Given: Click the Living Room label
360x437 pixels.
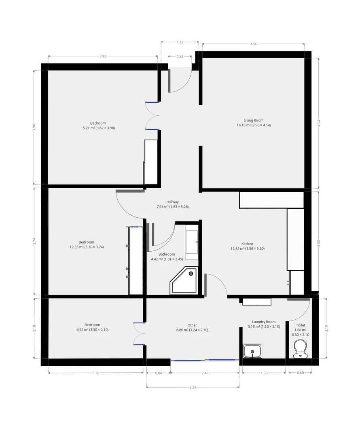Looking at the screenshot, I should pos(254,120).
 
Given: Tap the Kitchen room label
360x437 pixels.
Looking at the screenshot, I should pos(247,244).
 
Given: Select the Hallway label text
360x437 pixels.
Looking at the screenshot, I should pos(172,202).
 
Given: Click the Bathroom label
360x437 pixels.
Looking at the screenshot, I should pos(155,254).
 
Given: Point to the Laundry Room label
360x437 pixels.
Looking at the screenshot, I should pos(263,322).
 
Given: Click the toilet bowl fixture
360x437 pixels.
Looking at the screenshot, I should pos(300,348).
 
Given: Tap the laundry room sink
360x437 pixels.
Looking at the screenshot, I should pos(253,351).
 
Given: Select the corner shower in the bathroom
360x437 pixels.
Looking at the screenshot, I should pos(184,280).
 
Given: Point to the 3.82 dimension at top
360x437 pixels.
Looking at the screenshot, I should pos(103,56).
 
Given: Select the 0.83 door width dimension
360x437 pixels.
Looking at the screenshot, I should pos(180,57).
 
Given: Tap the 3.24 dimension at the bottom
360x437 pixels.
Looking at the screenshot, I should pos(193,387).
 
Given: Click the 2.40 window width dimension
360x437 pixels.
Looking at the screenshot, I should pos(205,373).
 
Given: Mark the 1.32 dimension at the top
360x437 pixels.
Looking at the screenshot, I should pos(180,42).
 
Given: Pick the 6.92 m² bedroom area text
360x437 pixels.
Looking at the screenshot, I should pos(92,330).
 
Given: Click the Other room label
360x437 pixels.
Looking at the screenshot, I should pos(192,325).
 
